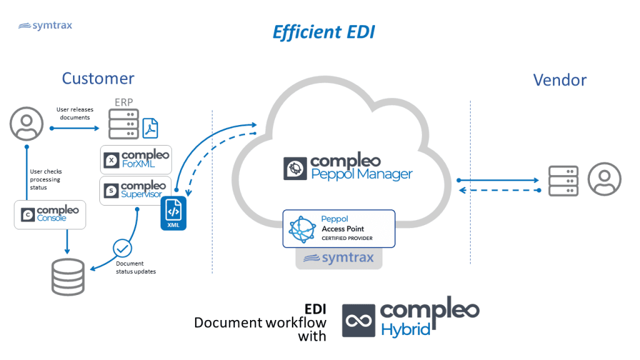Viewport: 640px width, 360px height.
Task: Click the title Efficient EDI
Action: [x=323, y=32]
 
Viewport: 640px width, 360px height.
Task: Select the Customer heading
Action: [x=98, y=78]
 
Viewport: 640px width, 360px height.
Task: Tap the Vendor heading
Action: [x=559, y=80]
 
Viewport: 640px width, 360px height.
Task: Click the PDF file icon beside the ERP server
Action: [x=151, y=127]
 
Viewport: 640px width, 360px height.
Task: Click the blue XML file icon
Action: [x=173, y=213]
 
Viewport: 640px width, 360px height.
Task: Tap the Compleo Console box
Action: [x=49, y=214]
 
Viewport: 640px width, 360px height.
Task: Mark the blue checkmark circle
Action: [x=122, y=249]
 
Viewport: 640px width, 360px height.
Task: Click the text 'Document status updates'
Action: [x=136, y=267]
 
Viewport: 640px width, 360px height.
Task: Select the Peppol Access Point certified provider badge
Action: [x=339, y=229]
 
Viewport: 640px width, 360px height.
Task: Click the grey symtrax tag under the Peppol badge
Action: [x=338, y=258]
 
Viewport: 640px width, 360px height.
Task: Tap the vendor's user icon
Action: [x=604, y=179]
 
